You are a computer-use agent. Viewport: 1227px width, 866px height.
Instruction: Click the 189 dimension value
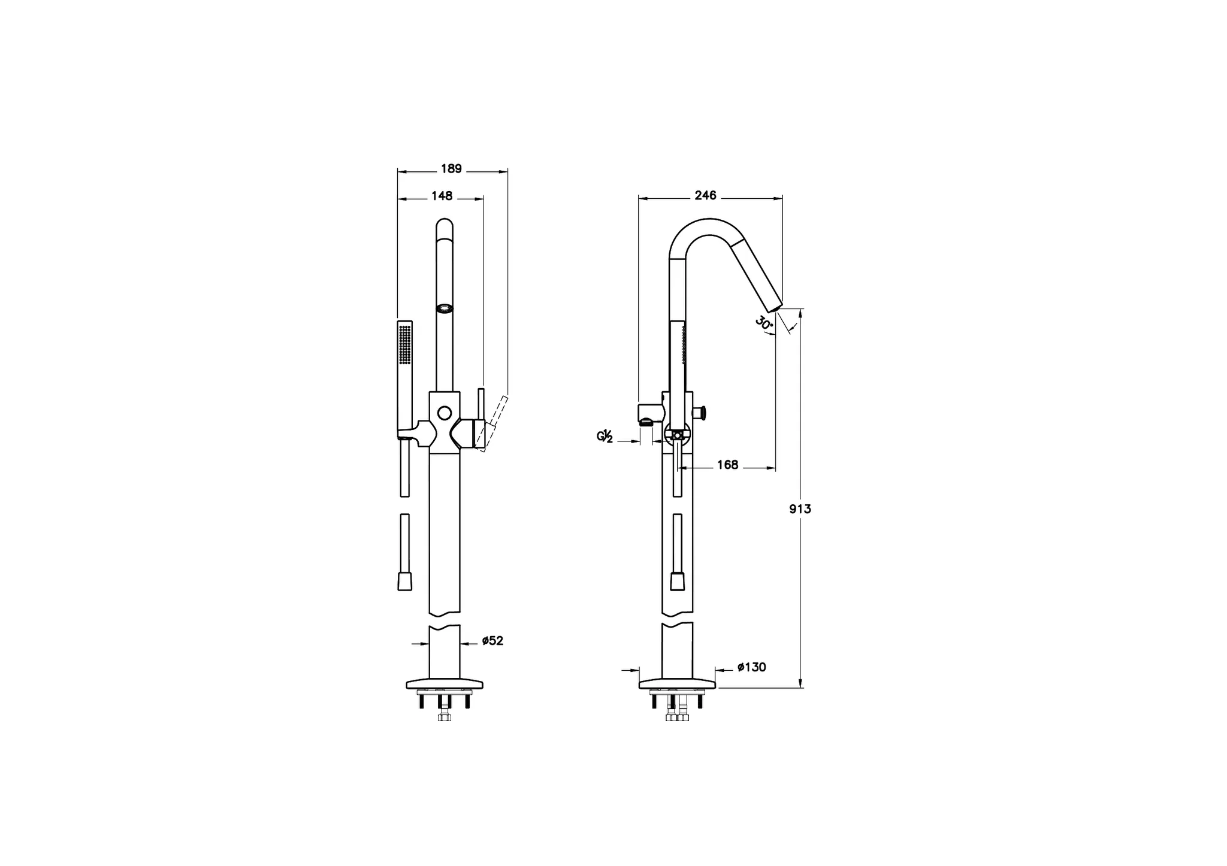(x=451, y=169)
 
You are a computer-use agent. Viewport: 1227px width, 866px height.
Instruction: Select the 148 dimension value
(x=442, y=196)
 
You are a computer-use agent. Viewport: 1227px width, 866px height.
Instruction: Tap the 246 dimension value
(x=705, y=195)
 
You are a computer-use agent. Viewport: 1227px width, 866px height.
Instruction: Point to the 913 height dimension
(x=800, y=509)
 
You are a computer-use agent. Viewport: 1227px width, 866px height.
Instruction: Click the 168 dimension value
(x=727, y=465)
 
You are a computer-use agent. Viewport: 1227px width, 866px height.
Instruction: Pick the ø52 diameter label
(x=492, y=641)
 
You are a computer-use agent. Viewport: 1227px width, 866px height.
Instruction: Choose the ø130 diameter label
(x=751, y=667)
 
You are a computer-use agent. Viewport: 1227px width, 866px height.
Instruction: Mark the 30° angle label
(x=764, y=324)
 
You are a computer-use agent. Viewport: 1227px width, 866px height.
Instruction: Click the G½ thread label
(x=605, y=436)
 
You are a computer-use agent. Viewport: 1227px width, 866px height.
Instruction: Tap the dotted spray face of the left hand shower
(x=405, y=344)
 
